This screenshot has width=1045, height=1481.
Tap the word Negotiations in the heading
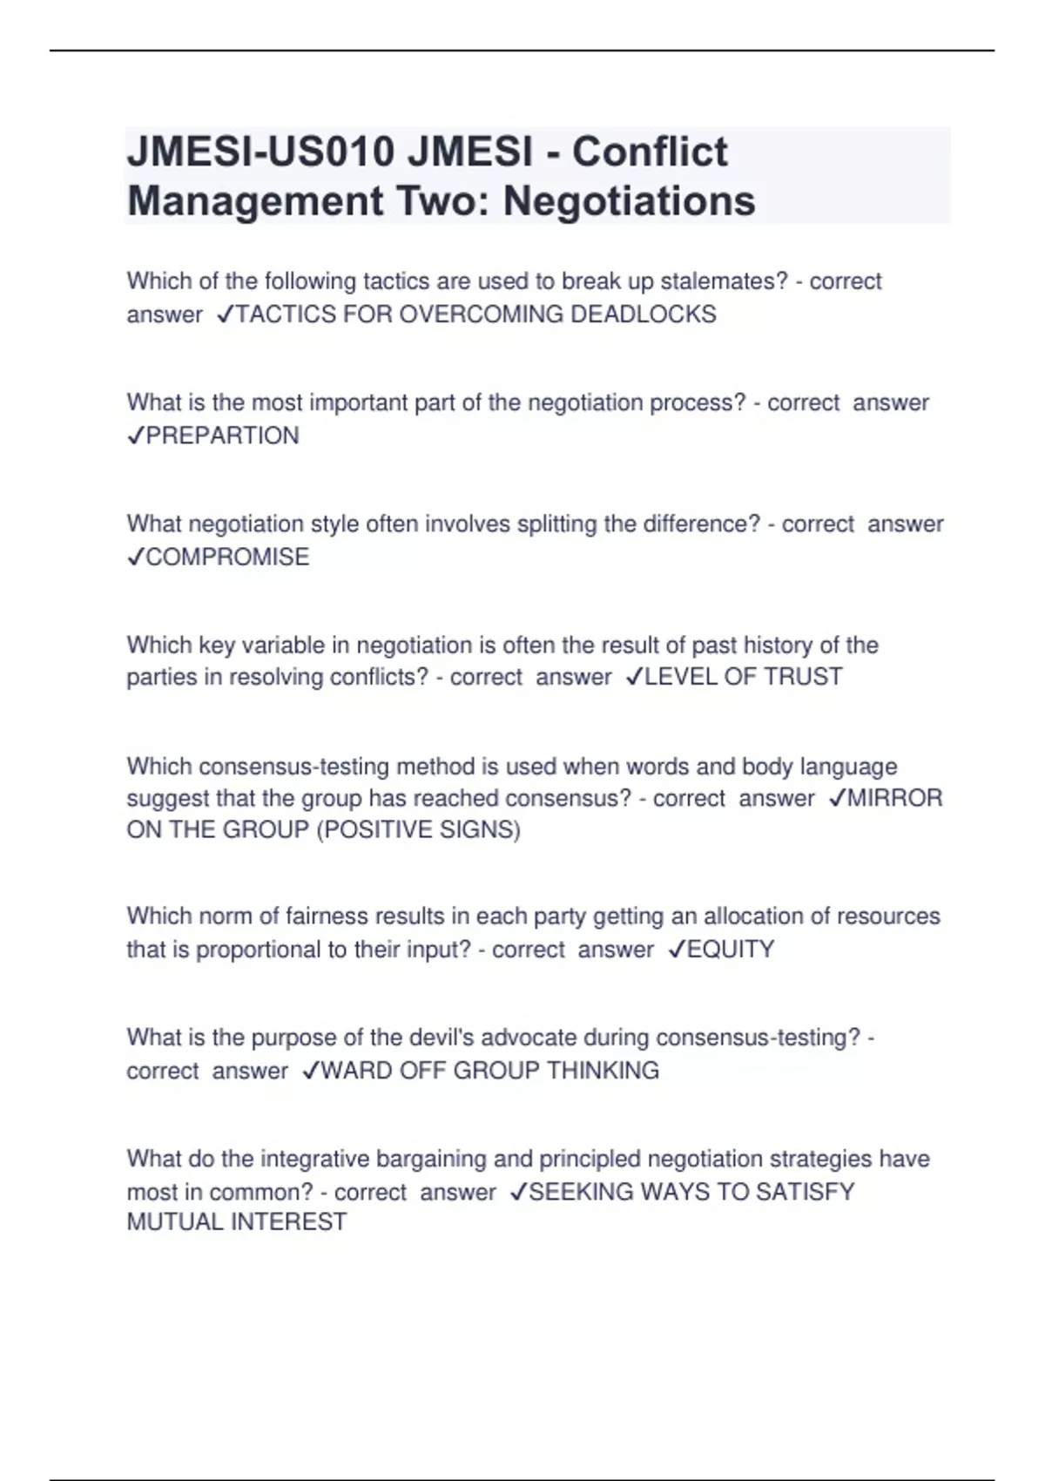629,201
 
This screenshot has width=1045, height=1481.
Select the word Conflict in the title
650,152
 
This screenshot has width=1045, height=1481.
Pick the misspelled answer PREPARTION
222,436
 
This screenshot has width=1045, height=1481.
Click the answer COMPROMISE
227,557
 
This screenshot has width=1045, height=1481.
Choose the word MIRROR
894,798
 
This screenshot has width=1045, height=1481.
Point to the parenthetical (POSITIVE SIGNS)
418,829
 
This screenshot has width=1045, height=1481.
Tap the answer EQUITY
731,950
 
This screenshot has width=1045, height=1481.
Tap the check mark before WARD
311,1071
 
